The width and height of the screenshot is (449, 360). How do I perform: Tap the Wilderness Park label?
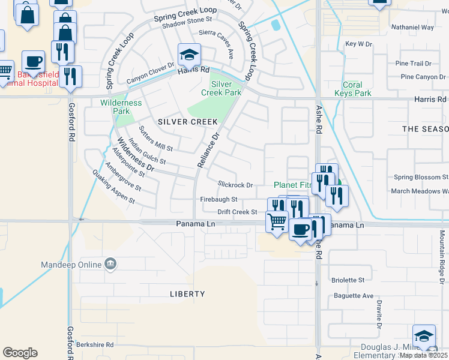(x=121, y=107)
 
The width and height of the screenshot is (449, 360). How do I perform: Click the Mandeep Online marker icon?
(x=110, y=263)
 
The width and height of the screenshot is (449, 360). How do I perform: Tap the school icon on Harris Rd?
(x=189, y=55)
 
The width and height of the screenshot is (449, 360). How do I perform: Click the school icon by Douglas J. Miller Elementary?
(x=424, y=336)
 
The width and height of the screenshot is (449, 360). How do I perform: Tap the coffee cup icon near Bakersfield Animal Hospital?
(x=33, y=62)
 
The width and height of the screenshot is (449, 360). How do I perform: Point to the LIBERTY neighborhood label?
(x=187, y=294)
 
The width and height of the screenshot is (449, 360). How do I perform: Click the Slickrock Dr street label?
(x=235, y=185)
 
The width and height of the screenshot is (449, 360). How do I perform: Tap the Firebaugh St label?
(x=219, y=199)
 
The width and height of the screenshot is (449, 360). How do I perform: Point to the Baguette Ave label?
(x=352, y=296)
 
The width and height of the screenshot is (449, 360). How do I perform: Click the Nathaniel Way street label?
(x=412, y=28)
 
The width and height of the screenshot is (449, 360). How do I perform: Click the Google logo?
(x=20, y=352)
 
